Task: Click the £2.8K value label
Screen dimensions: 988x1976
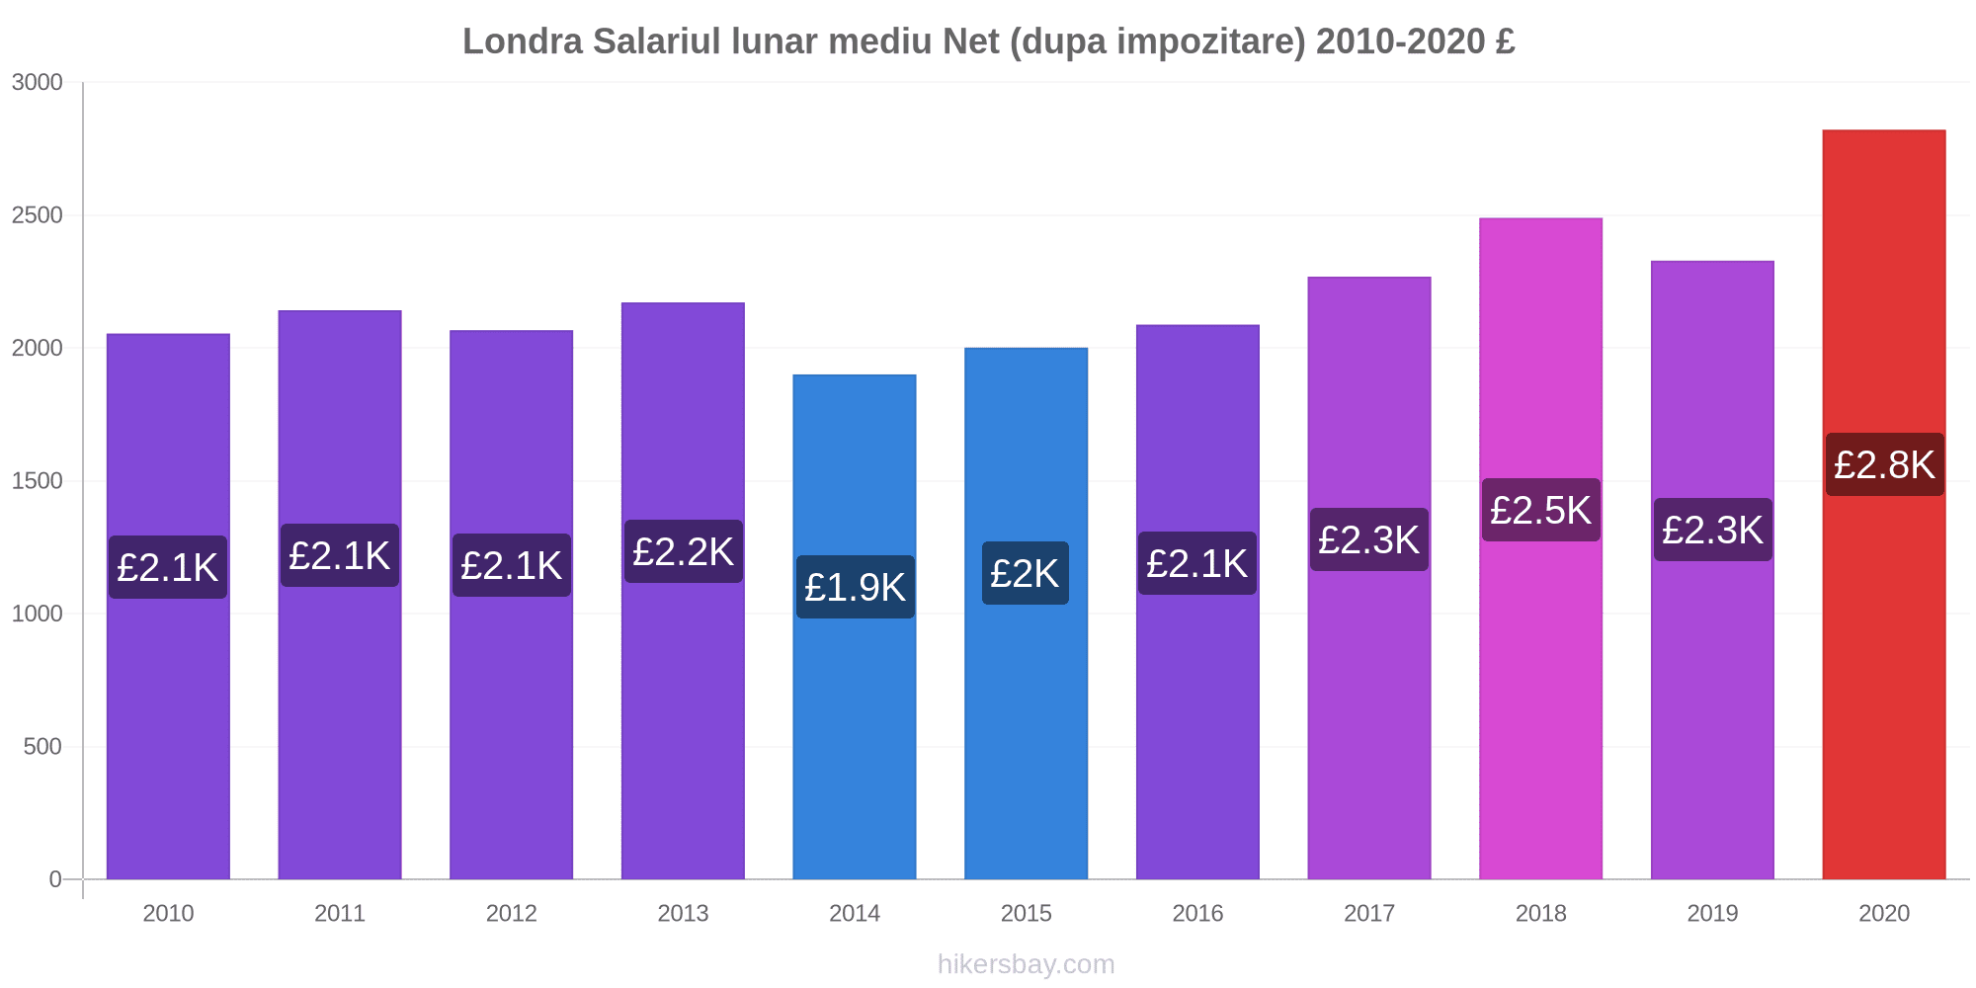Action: click(x=1884, y=464)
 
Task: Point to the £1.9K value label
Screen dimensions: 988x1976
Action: click(x=855, y=587)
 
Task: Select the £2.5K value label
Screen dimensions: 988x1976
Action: click(x=1540, y=510)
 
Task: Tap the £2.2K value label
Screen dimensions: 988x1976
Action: click(x=683, y=551)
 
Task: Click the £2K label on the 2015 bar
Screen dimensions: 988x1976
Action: click(x=1025, y=573)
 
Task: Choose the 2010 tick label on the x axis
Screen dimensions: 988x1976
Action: click(x=168, y=913)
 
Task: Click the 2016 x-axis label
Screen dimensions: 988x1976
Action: click(x=1197, y=913)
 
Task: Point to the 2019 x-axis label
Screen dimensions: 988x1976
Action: click(x=1712, y=913)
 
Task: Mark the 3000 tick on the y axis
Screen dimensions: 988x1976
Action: click(x=37, y=82)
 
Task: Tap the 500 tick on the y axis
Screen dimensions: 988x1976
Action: click(x=42, y=747)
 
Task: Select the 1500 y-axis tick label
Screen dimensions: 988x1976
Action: click(x=37, y=481)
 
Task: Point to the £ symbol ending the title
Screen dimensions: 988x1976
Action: click(x=1505, y=41)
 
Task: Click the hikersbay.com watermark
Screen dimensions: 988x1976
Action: click(x=1026, y=964)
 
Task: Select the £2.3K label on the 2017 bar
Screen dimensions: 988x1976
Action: click(x=1368, y=539)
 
